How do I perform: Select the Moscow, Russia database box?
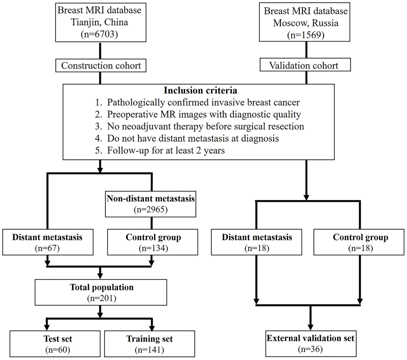pos(306,23)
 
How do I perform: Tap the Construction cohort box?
pos(101,65)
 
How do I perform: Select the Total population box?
pos(100,293)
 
